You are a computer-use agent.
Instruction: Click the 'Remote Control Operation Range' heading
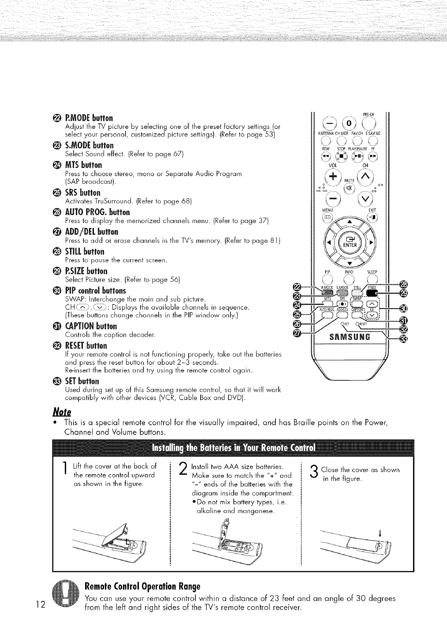[142, 587]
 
